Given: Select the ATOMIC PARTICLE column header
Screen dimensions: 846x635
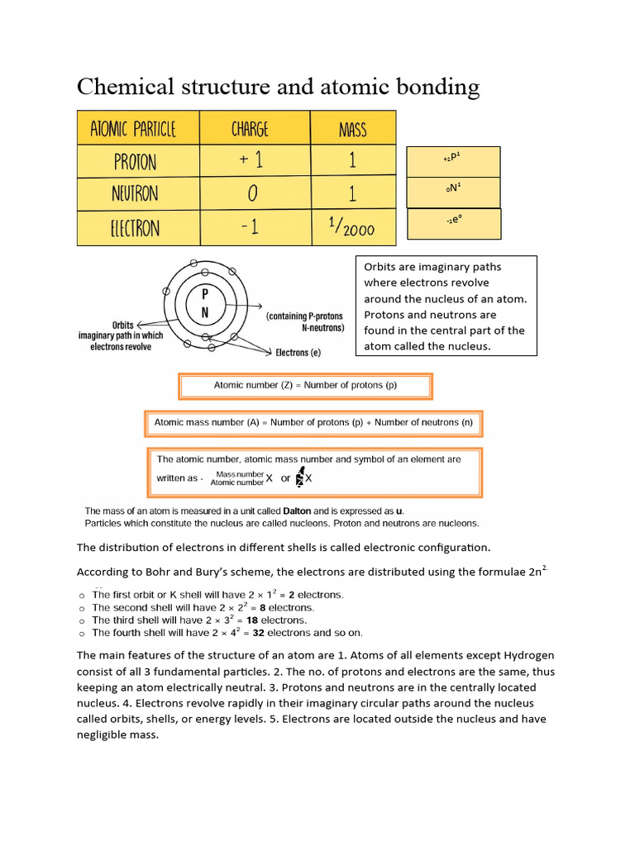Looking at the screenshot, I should point(134,129).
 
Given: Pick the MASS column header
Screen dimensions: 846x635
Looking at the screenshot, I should point(353,129).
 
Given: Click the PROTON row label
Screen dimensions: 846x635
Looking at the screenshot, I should point(134,161).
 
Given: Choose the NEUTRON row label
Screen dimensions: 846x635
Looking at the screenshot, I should point(135,194).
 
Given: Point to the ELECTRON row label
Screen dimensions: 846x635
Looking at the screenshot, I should point(134,227).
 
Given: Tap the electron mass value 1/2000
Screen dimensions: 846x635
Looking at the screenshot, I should point(353,227).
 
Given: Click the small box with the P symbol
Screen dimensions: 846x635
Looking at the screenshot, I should point(452,161).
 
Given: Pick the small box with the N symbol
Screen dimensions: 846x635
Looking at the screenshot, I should point(452,192).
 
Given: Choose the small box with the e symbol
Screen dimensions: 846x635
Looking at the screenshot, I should point(452,222).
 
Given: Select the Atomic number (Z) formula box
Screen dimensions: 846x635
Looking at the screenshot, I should point(305,385).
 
